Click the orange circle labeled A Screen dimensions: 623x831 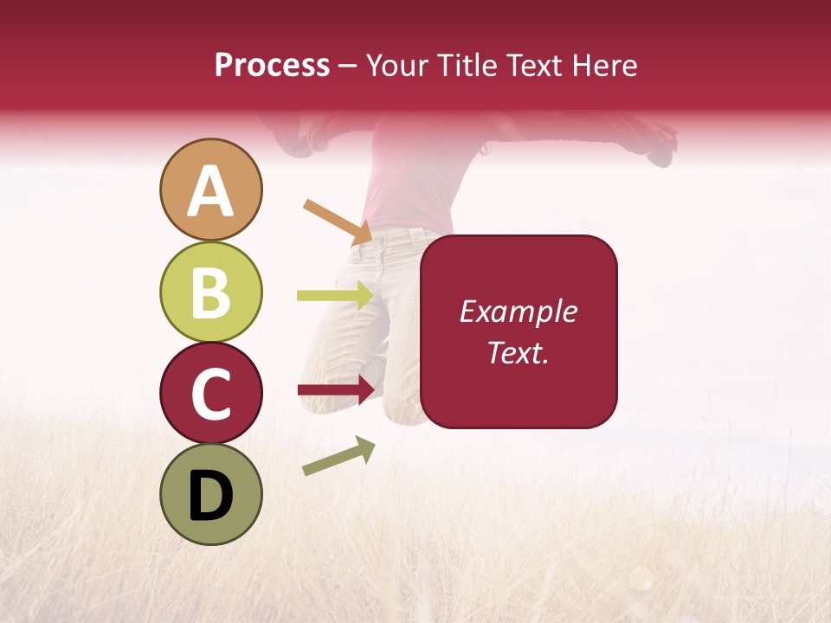click(x=211, y=189)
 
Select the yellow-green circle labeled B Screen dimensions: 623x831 click(x=211, y=292)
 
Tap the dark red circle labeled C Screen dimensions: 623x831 click(x=211, y=394)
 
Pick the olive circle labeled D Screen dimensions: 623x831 click(x=211, y=495)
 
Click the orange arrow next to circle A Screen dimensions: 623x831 click(x=338, y=222)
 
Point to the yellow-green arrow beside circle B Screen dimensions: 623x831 click(x=336, y=295)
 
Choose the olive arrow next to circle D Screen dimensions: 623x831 click(x=338, y=456)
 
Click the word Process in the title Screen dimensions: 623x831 click(x=272, y=65)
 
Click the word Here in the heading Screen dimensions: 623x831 click(x=605, y=65)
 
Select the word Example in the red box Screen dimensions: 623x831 click(x=518, y=311)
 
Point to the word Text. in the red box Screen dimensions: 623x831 click(x=518, y=352)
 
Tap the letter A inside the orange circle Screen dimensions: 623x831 click(x=211, y=191)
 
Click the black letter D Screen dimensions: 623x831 click(x=211, y=496)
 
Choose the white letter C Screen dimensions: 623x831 click(x=211, y=394)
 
